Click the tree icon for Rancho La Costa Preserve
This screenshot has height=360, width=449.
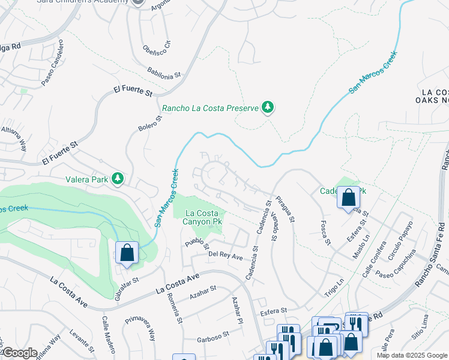268,108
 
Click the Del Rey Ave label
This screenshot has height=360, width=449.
225,256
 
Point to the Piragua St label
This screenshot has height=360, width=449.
285,208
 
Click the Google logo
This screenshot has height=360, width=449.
19,353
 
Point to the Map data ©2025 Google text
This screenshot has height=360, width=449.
411,355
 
